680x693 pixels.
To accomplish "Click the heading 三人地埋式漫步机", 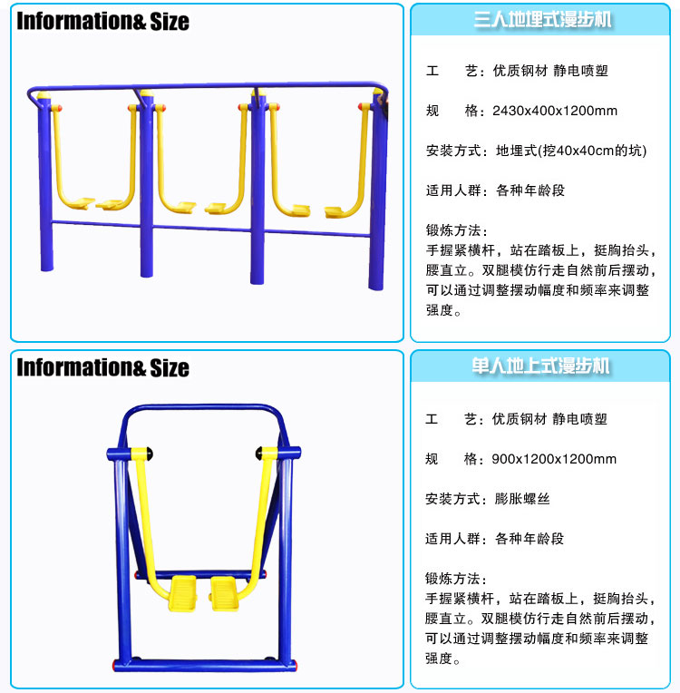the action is (543, 19).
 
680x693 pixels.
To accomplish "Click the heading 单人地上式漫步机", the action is (541, 366).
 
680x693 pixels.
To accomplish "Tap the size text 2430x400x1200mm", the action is (555, 111).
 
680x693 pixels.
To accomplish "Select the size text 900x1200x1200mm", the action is (554, 459).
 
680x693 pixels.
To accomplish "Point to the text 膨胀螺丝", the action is (522, 499).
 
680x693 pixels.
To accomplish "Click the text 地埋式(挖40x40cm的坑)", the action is (571, 151).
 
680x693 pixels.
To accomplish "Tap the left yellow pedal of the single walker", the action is (183, 593).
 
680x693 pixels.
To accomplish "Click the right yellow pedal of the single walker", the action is (225, 593).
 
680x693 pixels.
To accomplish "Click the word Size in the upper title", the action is (170, 21).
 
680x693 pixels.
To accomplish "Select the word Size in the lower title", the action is (170, 367).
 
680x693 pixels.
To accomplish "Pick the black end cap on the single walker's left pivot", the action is (150, 454).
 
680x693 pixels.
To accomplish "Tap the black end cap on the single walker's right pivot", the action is (259, 453).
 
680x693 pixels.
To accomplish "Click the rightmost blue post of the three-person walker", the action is (377, 190).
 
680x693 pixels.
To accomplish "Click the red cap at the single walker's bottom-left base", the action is (115, 665).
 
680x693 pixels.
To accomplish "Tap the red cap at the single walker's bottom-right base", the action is (295, 665).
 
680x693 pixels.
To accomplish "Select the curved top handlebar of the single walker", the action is (202, 408).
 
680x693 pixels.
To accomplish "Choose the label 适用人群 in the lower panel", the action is (453, 539).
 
